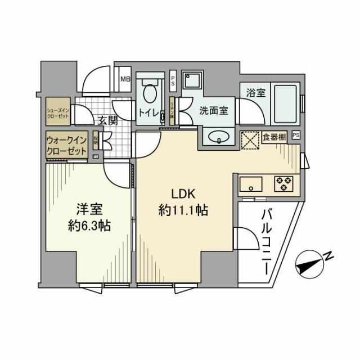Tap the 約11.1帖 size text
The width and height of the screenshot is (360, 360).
(x=183, y=211)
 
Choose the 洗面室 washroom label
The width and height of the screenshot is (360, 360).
(x=213, y=110)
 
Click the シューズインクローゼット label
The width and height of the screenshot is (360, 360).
(x=58, y=111)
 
